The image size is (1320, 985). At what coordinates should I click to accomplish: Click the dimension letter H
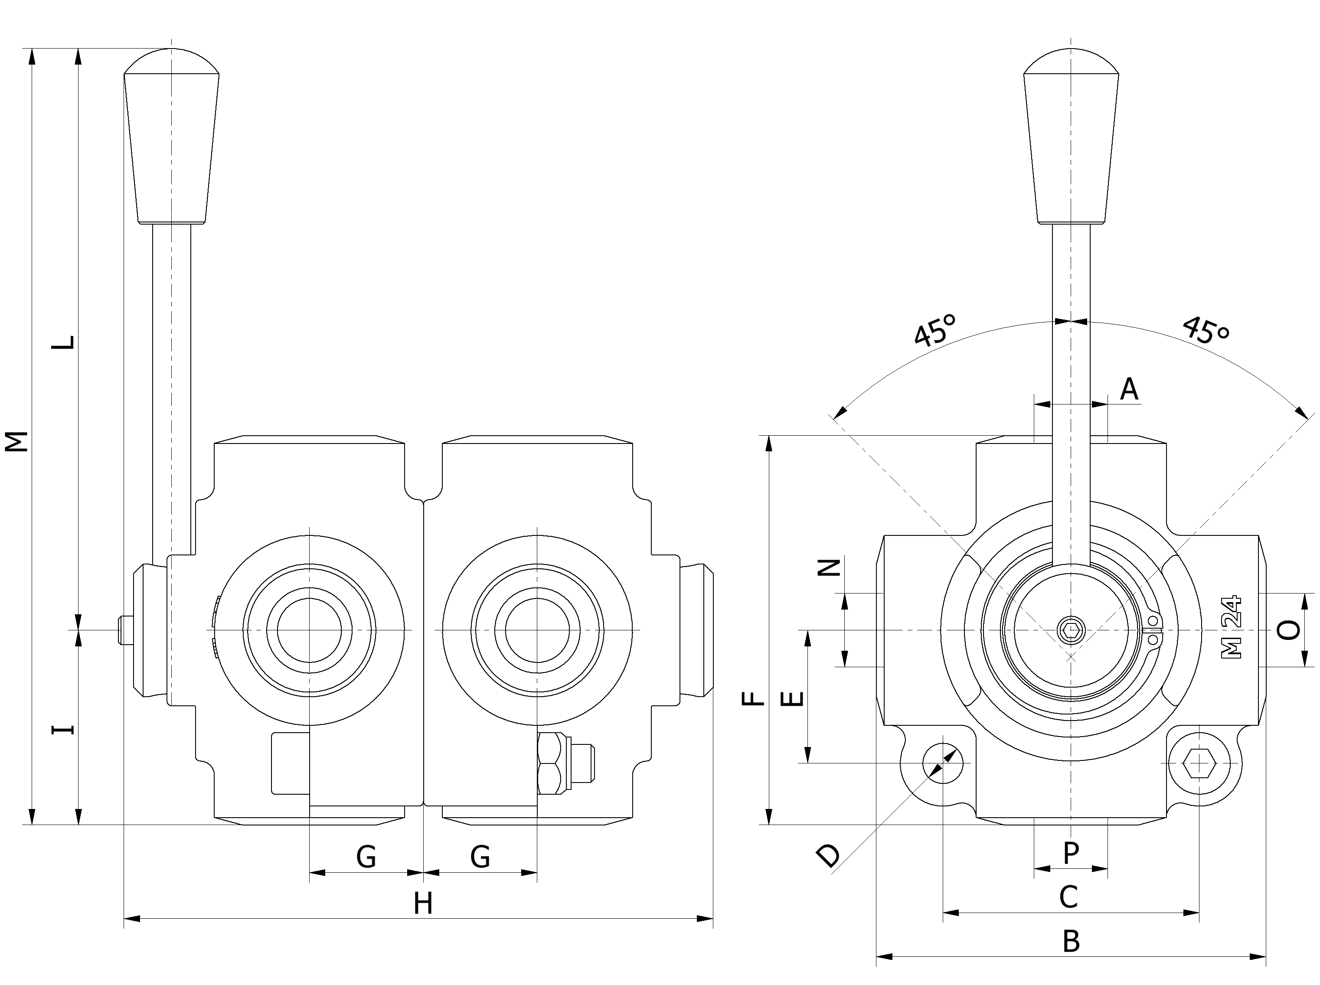click(423, 903)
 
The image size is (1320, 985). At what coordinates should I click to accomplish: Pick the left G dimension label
click(366, 857)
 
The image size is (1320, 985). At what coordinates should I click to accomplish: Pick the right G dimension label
click(480, 857)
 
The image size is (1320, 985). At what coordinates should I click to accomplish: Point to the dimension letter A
click(1129, 389)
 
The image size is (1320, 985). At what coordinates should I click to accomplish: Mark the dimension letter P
click(1071, 853)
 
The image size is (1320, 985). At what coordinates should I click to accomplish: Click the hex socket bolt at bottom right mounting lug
click(1199, 763)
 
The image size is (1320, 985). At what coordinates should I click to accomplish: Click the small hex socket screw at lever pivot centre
click(1071, 629)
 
